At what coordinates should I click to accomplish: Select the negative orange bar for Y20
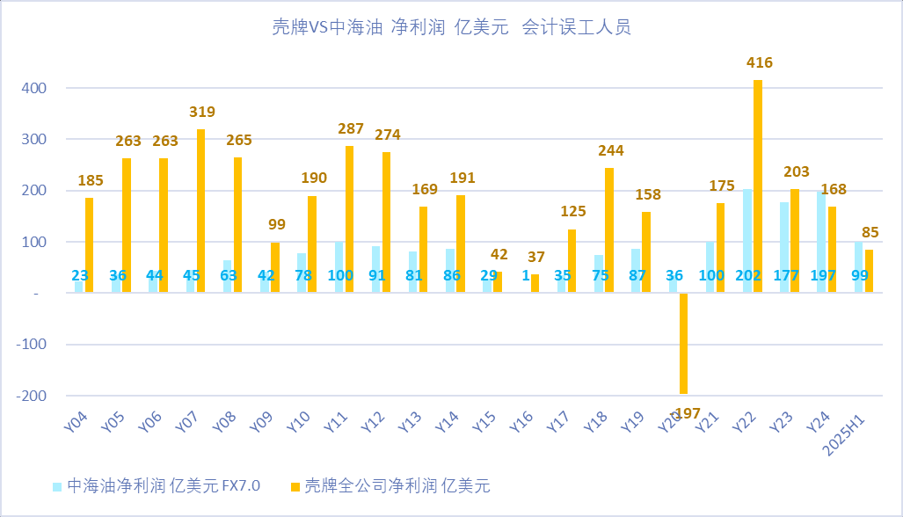tap(683, 343)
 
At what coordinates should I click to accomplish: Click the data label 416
tap(760, 63)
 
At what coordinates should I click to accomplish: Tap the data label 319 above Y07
tap(201, 113)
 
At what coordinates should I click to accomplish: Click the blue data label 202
tap(748, 276)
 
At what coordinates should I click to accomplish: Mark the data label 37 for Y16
tap(535, 258)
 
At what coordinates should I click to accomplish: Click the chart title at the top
tap(451, 27)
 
